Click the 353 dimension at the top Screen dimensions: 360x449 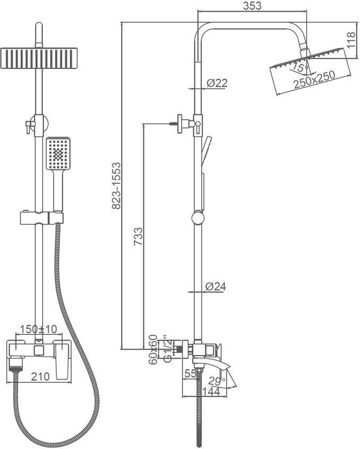(x=252, y=6)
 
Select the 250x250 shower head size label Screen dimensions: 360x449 (x=314, y=80)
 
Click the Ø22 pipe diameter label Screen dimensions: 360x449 (x=217, y=83)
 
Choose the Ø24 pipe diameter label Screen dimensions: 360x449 (x=216, y=286)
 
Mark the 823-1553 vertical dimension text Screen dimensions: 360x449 (x=116, y=186)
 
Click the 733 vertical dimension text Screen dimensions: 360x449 (x=138, y=237)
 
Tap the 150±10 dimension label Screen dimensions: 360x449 (x=39, y=329)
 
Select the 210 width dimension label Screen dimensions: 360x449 (x=40, y=377)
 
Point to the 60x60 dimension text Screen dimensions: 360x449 (x=153, y=349)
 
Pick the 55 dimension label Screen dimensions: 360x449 (x=191, y=374)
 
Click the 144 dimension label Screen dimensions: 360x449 (x=211, y=391)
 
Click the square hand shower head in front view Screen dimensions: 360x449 (x=58, y=153)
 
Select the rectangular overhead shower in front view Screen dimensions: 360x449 (x=39, y=58)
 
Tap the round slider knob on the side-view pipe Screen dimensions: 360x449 (x=198, y=218)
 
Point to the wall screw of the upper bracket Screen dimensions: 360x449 (x=173, y=124)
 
